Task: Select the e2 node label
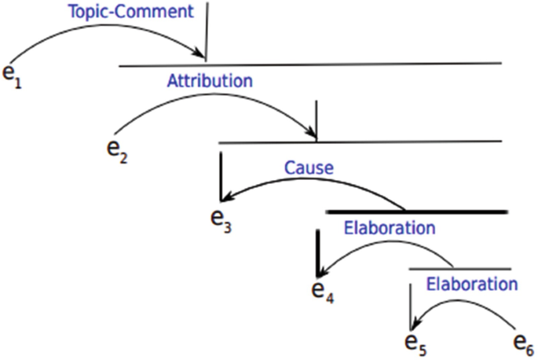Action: click(117, 149)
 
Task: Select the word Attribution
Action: click(210, 80)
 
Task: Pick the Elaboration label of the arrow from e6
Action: click(471, 283)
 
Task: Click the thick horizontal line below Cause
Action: click(416, 211)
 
